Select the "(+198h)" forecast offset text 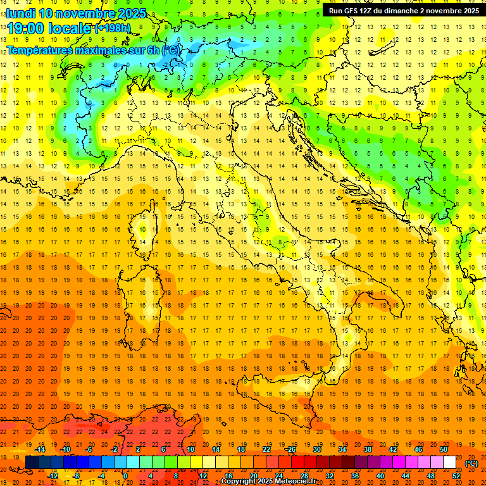click(112, 27)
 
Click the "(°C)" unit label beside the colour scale click(471, 463)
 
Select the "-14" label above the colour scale click(40, 449)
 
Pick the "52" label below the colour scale click(456, 475)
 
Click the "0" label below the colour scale click(125, 475)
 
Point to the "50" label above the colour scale click(443, 449)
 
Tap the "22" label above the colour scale click(266, 449)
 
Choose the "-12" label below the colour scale click(53, 475)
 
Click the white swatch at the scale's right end click(449, 463)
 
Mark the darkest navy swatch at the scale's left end click(32, 463)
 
